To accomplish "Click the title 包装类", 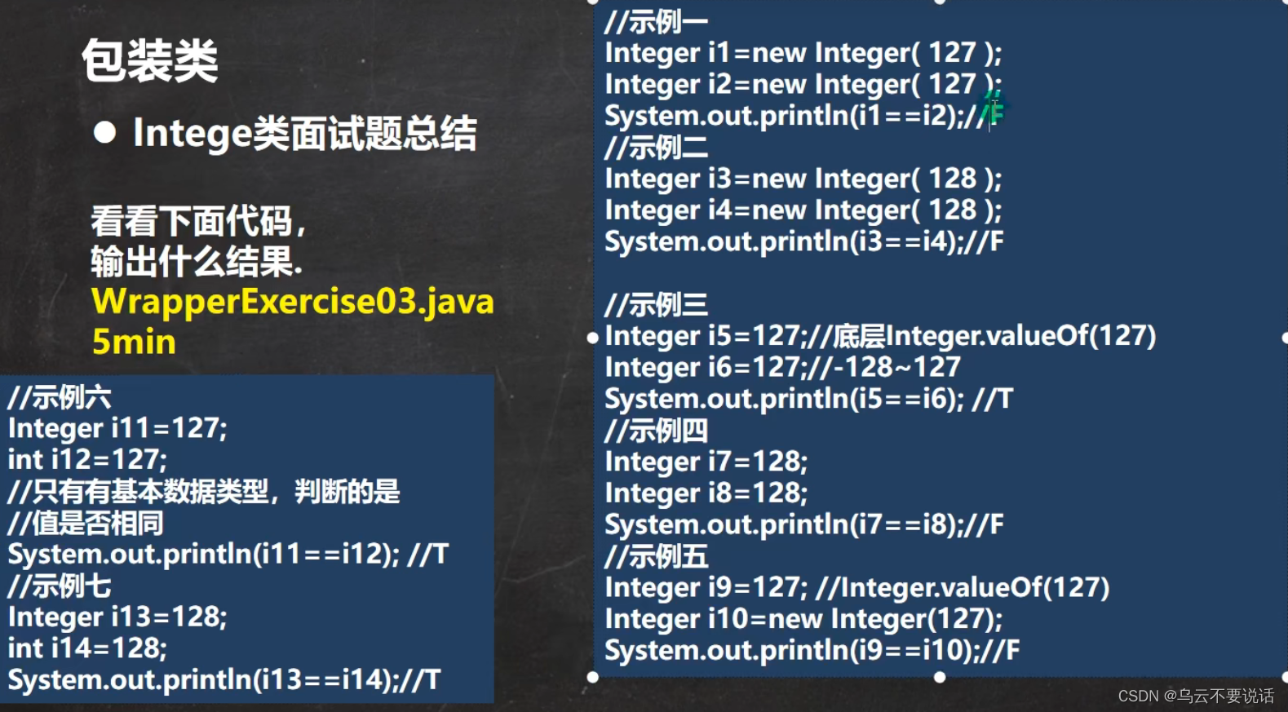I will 150,61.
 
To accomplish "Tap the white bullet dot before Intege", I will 104,132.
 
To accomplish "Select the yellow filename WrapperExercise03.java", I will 293,302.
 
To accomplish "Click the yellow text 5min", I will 134,342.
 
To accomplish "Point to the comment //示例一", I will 656,22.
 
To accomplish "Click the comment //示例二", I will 656,148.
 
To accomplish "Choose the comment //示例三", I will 656,305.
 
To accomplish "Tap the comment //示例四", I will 656,431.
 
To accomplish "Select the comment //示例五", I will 656,556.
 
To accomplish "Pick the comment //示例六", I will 60,398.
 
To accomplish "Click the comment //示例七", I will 60,586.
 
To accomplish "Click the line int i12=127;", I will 87,460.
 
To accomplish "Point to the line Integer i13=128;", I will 117,617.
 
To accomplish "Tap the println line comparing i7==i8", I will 803,524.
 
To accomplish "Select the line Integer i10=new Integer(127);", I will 803,619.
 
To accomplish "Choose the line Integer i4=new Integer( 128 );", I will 803,210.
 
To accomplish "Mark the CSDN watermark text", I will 1195,696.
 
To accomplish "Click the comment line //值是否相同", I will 86,524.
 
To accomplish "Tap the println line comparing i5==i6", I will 808,399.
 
